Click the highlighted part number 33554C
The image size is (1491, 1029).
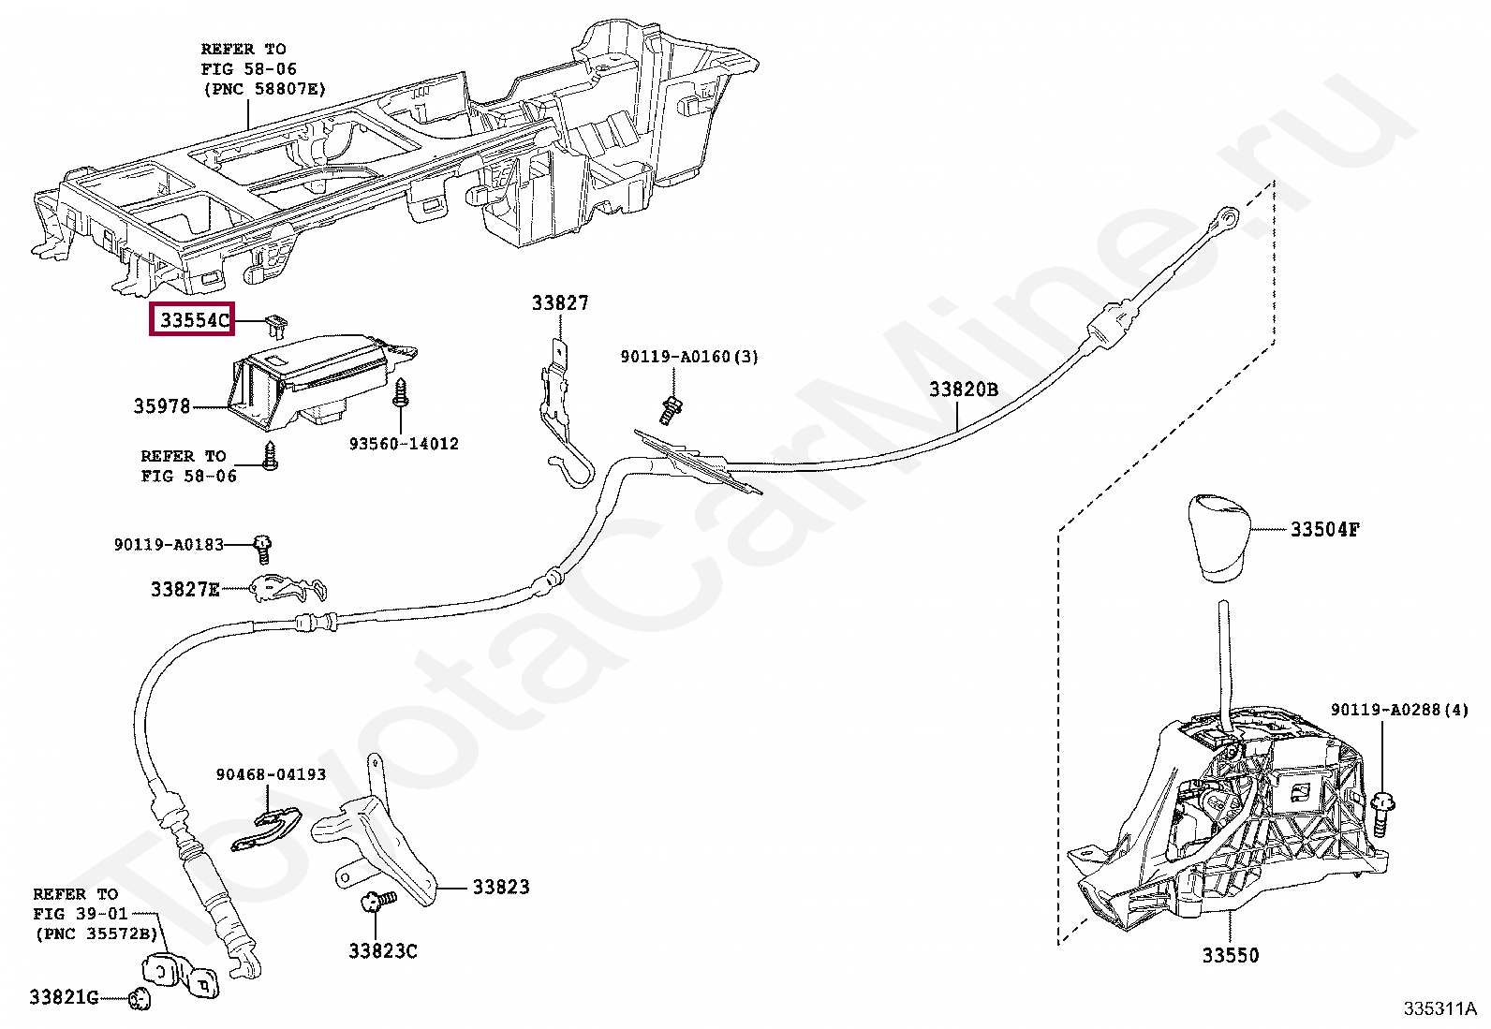click(193, 320)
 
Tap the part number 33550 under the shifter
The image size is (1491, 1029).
click(1230, 956)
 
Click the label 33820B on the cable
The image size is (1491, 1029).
click(963, 390)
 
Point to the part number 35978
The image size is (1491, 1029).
click(161, 405)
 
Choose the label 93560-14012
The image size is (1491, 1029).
click(404, 444)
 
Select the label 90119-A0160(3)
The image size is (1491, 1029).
click(688, 357)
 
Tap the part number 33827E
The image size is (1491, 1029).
click(185, 589)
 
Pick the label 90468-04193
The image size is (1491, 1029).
click(270, 775)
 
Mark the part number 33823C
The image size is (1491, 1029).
click(382, 951)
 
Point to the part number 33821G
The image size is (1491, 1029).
click(64, 997)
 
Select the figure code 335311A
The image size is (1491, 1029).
click(1439, 1008)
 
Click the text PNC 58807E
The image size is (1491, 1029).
click(264, 89)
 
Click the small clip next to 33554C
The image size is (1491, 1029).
click(274, 324)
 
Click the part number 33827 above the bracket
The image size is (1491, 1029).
click(560, 302)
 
